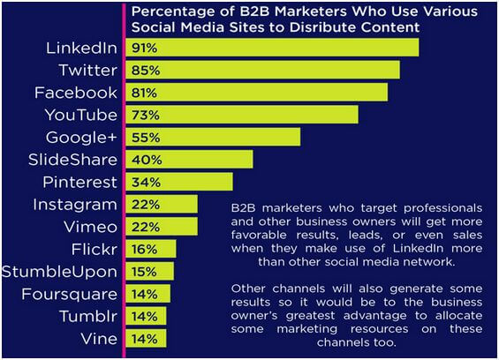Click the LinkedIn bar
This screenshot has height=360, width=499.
272,48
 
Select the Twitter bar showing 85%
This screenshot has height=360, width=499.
263,70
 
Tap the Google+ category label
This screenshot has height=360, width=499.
81,138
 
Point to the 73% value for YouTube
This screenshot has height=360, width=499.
146,115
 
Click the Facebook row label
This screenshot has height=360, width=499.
76,93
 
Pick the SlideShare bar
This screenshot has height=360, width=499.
189,160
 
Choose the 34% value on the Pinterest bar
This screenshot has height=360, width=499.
146,183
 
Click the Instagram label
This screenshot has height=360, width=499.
75,205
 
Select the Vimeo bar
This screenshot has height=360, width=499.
162,227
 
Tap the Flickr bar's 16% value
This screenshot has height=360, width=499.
145,250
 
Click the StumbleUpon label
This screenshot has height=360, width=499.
59,272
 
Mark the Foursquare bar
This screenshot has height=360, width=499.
148,294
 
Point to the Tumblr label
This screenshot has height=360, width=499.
88,317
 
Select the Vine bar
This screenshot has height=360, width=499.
146,338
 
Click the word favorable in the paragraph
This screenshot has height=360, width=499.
259,235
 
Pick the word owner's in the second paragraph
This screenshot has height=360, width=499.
254,316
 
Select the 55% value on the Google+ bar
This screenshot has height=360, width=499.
146,138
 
